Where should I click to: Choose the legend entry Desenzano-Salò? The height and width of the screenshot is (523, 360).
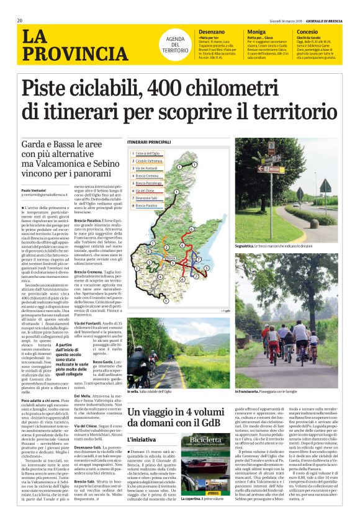coord(148,197)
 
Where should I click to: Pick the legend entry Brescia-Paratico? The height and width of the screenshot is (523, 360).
coord(148,205)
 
